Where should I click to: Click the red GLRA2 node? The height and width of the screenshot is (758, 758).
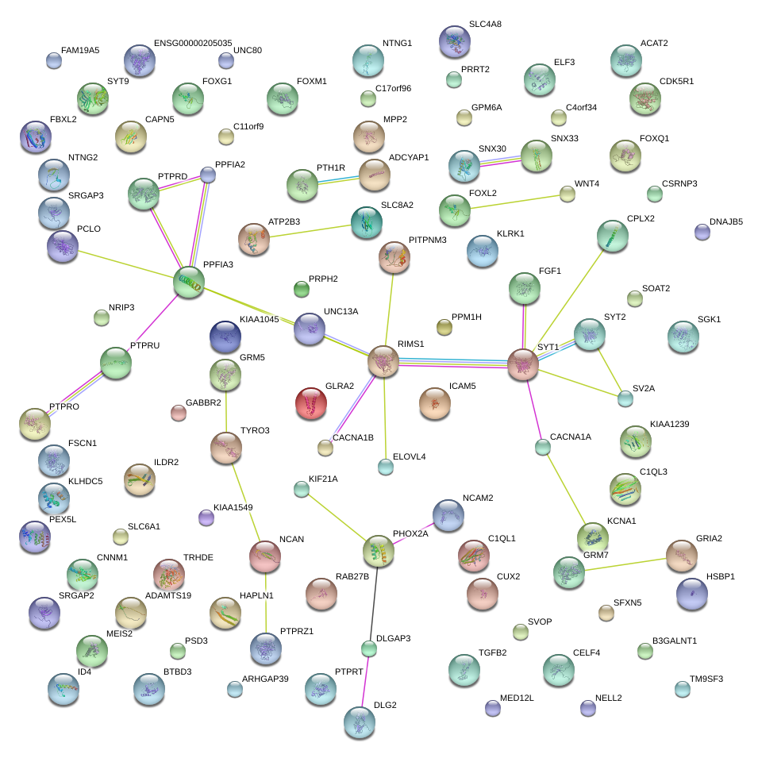coord(311,402)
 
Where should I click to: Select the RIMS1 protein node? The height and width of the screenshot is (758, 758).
coord(383,361)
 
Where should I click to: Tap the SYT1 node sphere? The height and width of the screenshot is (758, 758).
coord(523,364)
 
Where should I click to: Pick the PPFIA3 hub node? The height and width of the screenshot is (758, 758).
coord(189,282)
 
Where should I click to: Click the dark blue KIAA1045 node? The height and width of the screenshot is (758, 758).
coord(225,337)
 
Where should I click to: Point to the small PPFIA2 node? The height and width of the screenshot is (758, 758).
coord(208,175)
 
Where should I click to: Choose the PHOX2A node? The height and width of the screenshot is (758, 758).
coord(379,551)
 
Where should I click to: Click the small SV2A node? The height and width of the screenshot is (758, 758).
coord(625,398)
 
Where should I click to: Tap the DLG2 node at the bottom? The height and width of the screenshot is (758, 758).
coord(360,722)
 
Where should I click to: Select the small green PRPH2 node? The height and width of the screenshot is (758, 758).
coord(302,290)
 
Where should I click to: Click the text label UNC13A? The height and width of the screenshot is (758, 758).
coord(341,311)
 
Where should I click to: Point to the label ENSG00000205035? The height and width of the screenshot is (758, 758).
coord(193,43)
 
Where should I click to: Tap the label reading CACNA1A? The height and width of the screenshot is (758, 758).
coord(571,437)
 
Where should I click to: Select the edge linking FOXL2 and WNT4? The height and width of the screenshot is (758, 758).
coord(515,202)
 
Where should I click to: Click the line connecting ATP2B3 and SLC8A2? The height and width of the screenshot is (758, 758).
coord(310,231)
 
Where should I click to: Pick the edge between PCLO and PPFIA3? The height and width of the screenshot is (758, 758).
coord(125,264)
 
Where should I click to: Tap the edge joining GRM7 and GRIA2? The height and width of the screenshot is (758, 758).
coord(625,564)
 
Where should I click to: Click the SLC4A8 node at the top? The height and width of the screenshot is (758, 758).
coord(455,41)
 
